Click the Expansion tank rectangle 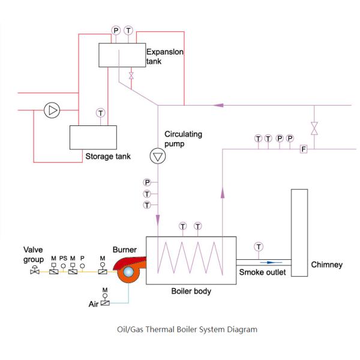(x=122, y=55)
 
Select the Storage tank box (x=92, y=137)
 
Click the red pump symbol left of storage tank (x=52, y=110)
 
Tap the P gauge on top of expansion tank (x=116, y=30)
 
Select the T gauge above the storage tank (x=100, y=112)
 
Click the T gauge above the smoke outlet (x=258, y=247)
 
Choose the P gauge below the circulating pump (x=147, y=182)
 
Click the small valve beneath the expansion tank (x=131, y=76)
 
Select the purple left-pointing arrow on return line (x=219, y=106)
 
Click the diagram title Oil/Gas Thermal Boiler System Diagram (x=187, y=329)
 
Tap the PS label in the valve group (x=63, y=258)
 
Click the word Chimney (x=326, y=265)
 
